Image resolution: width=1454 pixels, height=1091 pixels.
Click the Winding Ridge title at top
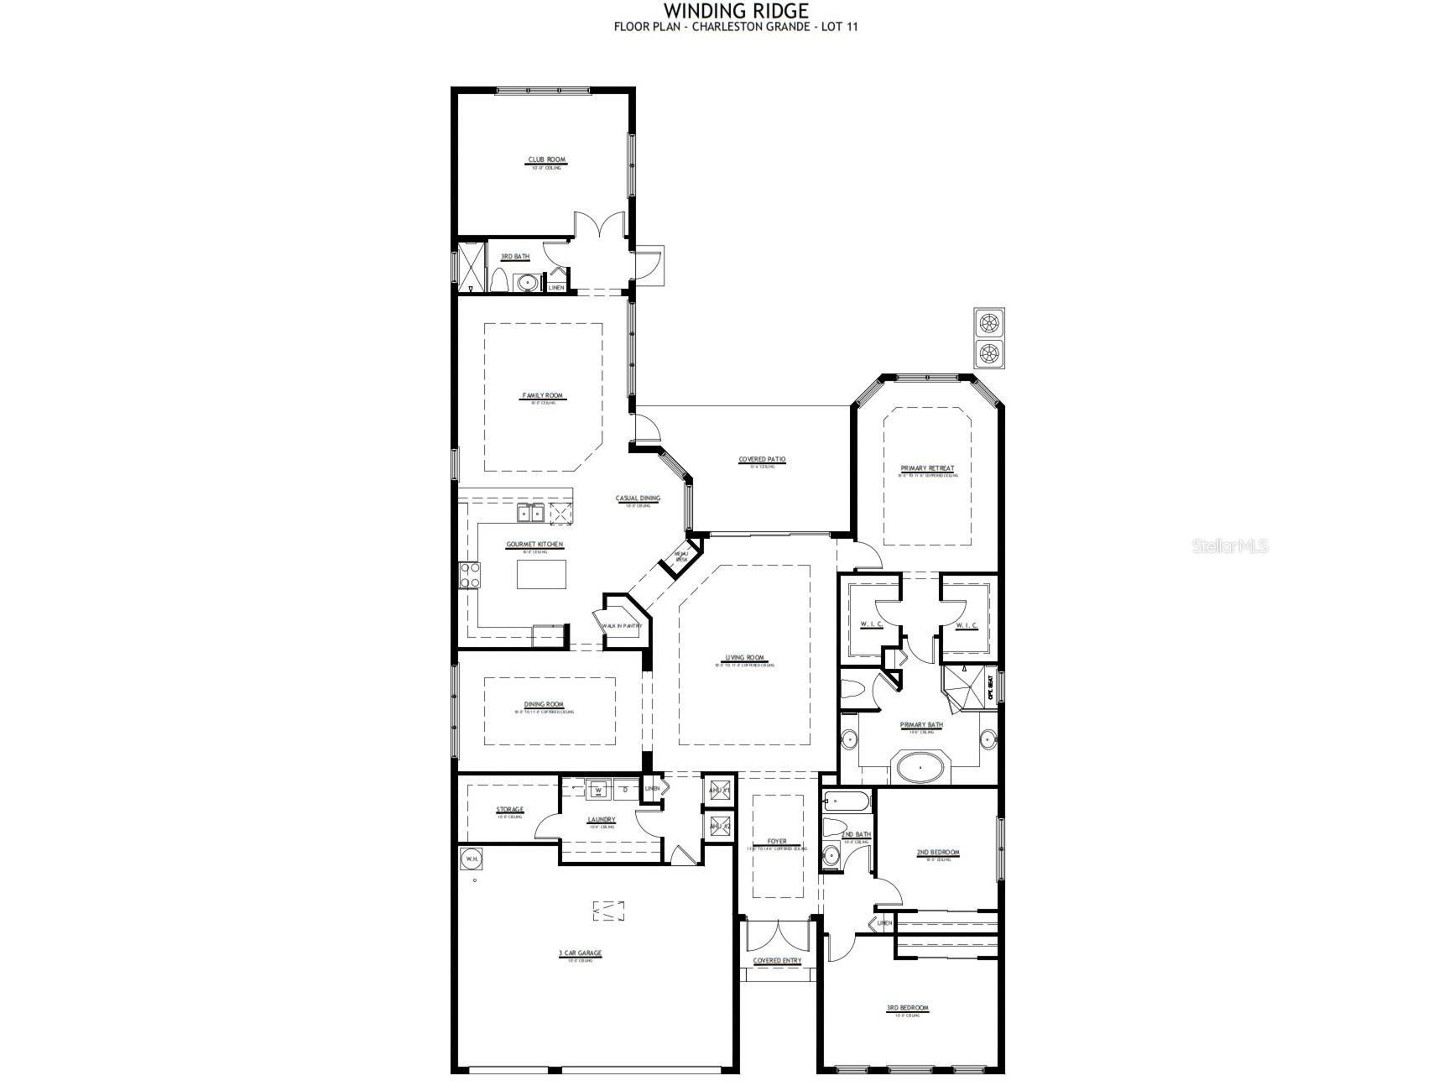coord(737,11)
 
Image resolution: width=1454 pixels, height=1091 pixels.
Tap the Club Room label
coord(546,159)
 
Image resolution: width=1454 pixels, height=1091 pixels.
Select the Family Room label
coord(542,395)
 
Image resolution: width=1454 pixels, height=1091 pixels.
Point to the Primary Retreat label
coord(927,468)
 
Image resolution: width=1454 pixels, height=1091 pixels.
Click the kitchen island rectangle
coord(541,575)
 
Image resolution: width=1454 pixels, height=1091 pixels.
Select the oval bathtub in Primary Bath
coord(920,766)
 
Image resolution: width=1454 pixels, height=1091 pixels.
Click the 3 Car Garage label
coord(580,953)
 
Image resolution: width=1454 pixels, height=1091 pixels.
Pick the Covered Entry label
coord(777,960)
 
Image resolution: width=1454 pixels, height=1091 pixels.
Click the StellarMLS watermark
coord(1229,546)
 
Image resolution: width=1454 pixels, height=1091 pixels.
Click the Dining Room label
coord(544,704)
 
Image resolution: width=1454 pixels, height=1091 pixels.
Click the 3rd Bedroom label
coord(907,1008)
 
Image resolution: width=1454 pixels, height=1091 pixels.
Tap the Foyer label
coord(777,841)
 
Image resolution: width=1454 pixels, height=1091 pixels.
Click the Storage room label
coord(509,810)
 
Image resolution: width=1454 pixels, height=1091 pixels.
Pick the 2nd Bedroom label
coord(937,852)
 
